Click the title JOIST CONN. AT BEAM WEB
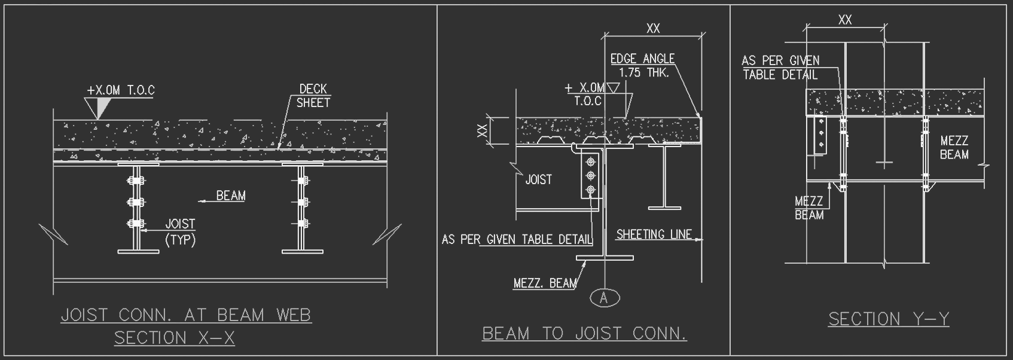pyautogui.click(x=186, y=315)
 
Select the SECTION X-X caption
pyautogui.click(x=174, y=338)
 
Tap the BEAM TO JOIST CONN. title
pyautogui.click(x=584, y=333)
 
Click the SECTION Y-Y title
pyautogui.click(x=889, y=319)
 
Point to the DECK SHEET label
pyautogui.click(x=313, y=96)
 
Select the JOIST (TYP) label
pyautogui.click(x=180, y=232)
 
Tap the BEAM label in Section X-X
pyautogui.click(x=231, y=196)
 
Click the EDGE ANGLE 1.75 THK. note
pyautogui.click(x=642, y=66)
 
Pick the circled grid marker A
pyautogui.click(x=604, y=297)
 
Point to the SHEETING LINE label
pyautogui.click(x=654, y=234)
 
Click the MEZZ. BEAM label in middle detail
pyautogui.click(x=545, y=283)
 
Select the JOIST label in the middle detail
pyautogui.click(x=538, y=179)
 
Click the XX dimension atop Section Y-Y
pyautogui.click(x=844, y=20)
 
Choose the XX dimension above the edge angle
pyautogui.click(x=653, y=28)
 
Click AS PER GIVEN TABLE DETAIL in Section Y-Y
pyautogui.click(x=780, y=68)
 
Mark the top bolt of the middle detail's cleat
pyautogui.click(x=591, y=161)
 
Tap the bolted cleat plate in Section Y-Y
pyautogui.click(x=820, y=135)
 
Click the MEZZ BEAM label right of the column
pyautogui.click(x=954, y=148)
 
